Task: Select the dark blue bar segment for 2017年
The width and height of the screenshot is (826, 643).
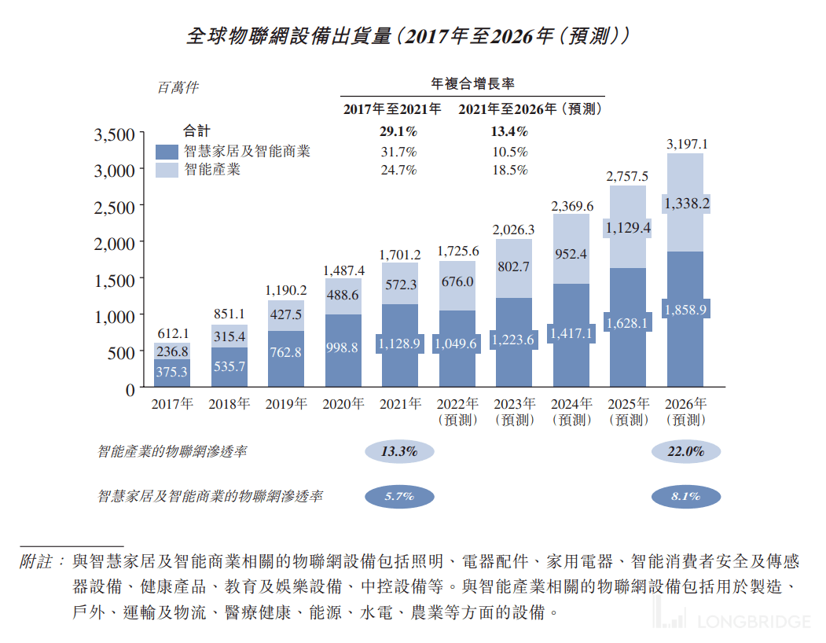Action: tap(171, 373)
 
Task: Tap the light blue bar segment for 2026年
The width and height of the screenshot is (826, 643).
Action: tap(685, 203)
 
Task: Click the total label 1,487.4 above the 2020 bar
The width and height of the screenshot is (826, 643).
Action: tap(343, 270)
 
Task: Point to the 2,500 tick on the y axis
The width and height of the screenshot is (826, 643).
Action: tap(115, 206)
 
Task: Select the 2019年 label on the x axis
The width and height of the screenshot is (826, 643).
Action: tap(286, 405)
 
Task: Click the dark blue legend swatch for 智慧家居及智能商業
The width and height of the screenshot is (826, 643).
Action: tap(167, 152)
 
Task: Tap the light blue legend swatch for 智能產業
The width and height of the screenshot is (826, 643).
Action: tap(167, 170)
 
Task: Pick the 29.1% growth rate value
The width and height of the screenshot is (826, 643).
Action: tap(398, 132)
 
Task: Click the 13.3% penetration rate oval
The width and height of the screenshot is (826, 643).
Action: tap(399, 452)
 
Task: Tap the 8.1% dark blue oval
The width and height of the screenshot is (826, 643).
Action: tap(685, 497)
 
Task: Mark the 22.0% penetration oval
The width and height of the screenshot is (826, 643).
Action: tap(685, 452)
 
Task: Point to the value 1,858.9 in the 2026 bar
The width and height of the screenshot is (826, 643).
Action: tap(685, 310)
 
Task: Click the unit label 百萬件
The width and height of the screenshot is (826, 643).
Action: tap(178, 88)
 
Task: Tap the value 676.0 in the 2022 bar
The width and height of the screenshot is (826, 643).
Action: tap(457, 282)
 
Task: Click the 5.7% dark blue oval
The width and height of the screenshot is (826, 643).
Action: tap(399, 497)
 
